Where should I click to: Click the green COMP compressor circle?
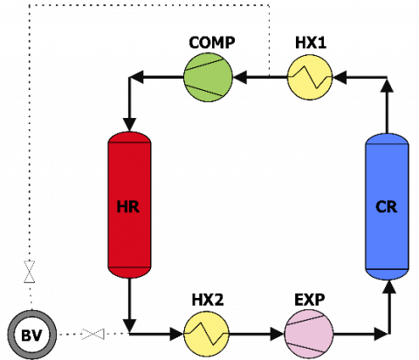click(x=208, y=77)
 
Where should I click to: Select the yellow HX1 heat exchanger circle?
click(x=310, y=77)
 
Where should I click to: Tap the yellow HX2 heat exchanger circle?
click(x=207, y=334)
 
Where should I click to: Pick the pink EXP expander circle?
click(x=309, y=334)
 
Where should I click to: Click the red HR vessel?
click(x=129, y=205)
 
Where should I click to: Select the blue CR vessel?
click(x=387, y=206)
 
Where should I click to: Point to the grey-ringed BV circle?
click(x=32, y=335)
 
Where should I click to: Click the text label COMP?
click(x=212, y=43)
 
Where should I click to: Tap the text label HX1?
click(x=311, y=43)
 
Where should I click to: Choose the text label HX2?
click(x=208, y=300)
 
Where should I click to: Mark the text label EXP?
click(x=310, y=300)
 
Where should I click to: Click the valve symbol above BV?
click(x=29, y=272)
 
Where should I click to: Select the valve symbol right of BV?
click(x=93, y=334)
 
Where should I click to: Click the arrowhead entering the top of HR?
click(x=129, y=125)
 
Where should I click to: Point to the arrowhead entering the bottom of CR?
click(x=389, y=287)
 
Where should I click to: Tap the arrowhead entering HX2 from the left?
click(x=177, y=334)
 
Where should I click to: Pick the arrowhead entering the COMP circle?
click(x=240, y=77)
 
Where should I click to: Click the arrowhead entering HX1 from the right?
click(x=340, y=77)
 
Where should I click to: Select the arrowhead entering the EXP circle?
click(x=278, y=334)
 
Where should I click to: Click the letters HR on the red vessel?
click(x=128, y=207)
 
